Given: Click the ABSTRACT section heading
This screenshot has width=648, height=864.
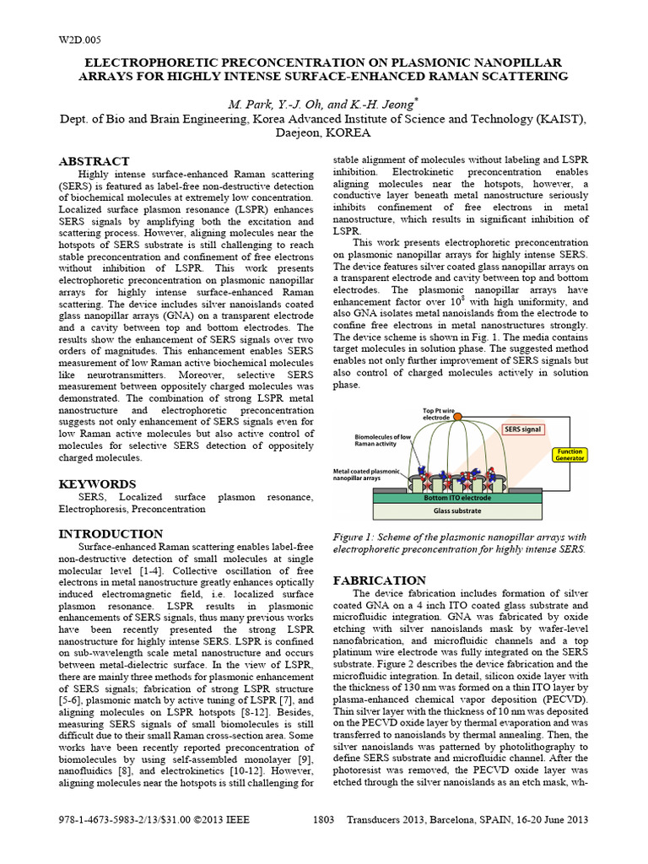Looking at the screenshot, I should click(x=94, y=161).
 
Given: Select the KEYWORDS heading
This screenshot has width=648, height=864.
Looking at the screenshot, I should click(x=96, y=484).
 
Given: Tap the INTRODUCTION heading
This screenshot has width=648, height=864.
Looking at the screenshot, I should click(x=110, y=534).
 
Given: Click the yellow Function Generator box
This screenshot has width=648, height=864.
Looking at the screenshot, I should click(x=568, y=456).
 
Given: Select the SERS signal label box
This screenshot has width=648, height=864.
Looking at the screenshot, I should click(x=523, y=429).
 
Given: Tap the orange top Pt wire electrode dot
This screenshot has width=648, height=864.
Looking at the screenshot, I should click(x=457, y=417).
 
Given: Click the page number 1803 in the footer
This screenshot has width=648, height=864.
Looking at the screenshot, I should click(x=324, y=820).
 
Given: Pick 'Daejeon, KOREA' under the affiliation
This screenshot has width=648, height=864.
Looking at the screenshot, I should click(x=324, y=133).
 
